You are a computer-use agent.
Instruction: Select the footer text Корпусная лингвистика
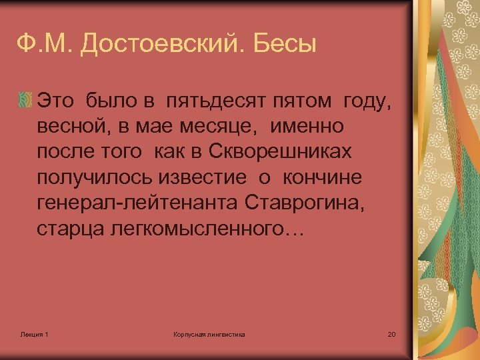click(x=209, y=333)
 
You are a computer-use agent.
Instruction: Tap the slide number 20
click(x=391, y=333)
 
